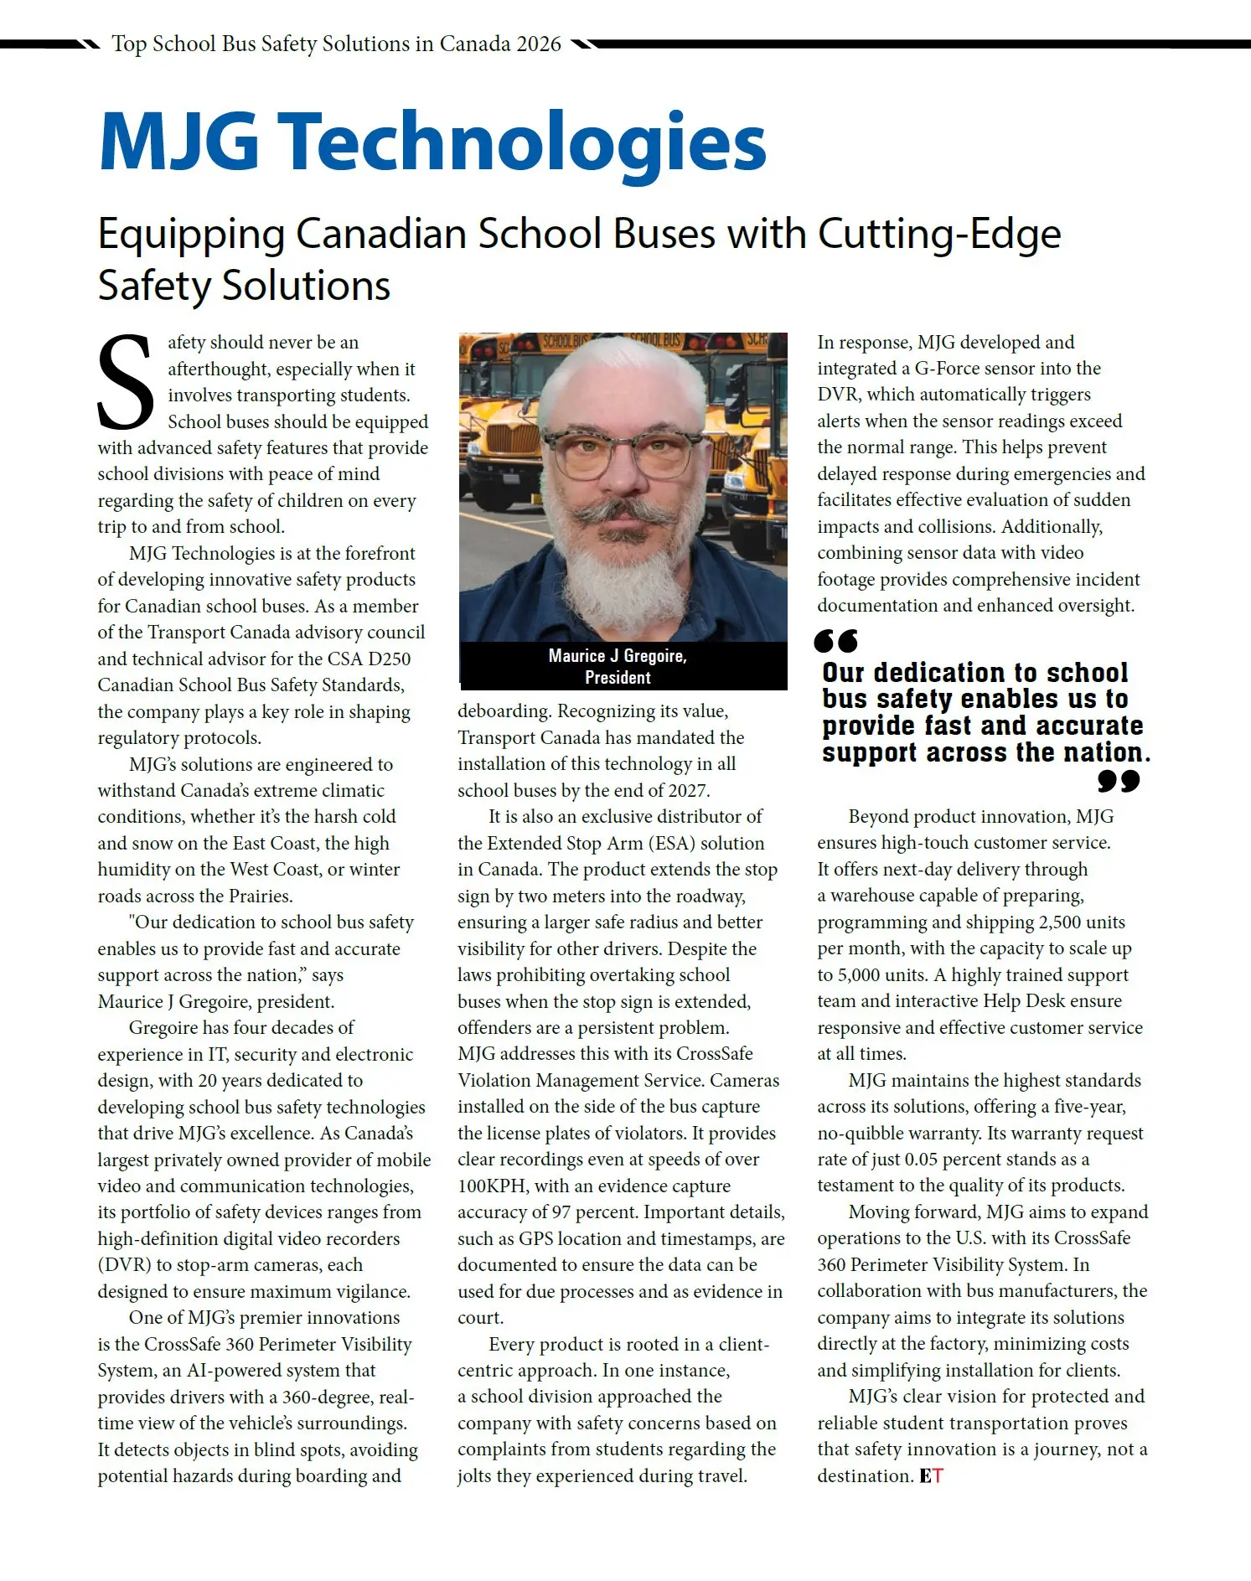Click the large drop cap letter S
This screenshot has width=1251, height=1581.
[x=126, y=382]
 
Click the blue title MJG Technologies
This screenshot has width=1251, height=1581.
[x=432, y=142]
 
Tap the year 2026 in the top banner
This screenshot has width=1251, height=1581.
[x=539, y=44]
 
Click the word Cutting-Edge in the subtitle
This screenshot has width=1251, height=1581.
[x=939, y=234]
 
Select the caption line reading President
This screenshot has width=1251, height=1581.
[x=618, y=677]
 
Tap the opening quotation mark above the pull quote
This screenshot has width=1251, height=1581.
[x=835, y=642]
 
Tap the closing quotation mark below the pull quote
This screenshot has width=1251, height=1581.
[x=1119, y=781]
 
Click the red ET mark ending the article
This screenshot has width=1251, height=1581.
[x=931, y=1475]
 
